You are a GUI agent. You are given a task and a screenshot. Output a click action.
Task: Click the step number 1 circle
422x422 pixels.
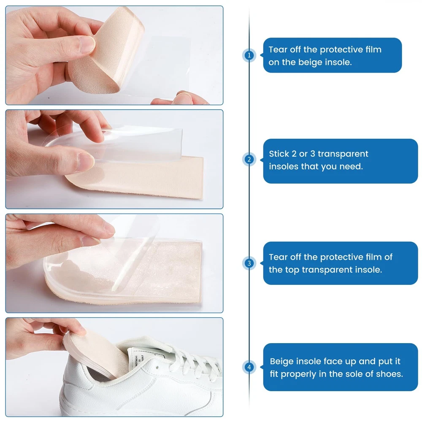point(249,55)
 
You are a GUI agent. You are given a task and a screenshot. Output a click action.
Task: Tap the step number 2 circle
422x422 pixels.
point(249,160)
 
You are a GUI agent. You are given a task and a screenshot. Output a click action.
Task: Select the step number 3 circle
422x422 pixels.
point(249,263)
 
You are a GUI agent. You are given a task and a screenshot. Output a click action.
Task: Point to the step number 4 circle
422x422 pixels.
point(249,367)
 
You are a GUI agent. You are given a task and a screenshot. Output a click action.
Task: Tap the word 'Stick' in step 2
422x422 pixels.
point(279,154)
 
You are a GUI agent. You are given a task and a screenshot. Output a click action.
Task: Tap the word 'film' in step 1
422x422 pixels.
point(373,49)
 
